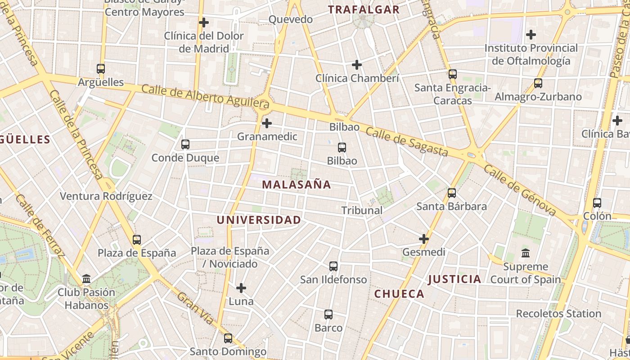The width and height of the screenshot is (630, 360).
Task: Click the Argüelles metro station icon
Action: tap(101, 69)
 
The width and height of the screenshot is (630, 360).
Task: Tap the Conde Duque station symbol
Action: tap(185, 144)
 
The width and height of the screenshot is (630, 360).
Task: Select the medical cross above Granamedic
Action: tap(267, 123)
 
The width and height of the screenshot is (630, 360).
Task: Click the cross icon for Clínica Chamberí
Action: tap(357, 65)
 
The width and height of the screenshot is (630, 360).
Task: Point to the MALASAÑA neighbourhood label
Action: tap(297, 184)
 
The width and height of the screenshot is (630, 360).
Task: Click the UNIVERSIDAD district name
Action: tap(259, 220)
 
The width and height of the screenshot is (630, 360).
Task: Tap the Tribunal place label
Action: tap(362, 210)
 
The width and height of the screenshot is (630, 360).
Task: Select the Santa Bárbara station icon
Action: tap(452, 193)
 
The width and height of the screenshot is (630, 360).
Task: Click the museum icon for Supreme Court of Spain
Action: tap(526, 253)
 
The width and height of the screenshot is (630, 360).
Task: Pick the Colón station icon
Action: tap(597, 203)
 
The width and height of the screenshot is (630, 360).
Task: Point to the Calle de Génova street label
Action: tap(520, 190)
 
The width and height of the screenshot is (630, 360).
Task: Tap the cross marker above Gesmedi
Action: tap(424, 239)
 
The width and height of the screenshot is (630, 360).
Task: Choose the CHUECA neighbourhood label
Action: tap(399, 294)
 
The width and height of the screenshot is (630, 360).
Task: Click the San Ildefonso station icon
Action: tap(333, 266)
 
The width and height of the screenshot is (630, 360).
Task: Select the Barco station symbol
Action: tap(328, 315)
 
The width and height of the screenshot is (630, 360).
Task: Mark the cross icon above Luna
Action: tap(241, 288)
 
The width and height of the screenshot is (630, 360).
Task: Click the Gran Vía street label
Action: tap(195, 308)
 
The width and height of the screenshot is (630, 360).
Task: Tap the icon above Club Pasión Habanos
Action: tap(86, 279)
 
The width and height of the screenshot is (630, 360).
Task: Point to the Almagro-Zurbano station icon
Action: tap(538, 83)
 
